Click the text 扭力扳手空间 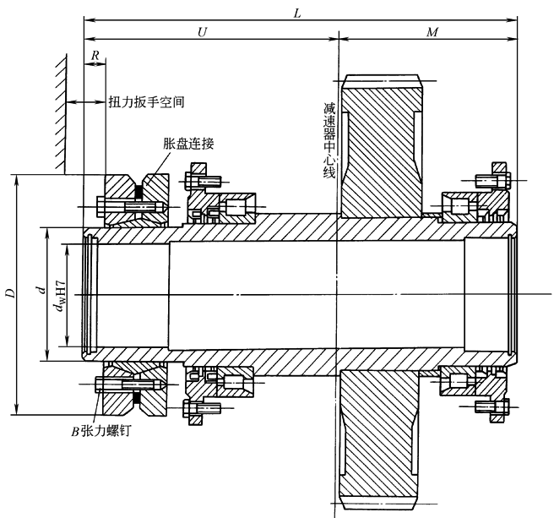click(x=146, y=101)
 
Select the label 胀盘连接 click(x=188, y=144)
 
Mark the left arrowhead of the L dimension click(x=87, y=16)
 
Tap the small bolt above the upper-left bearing click(x=204, y=179)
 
